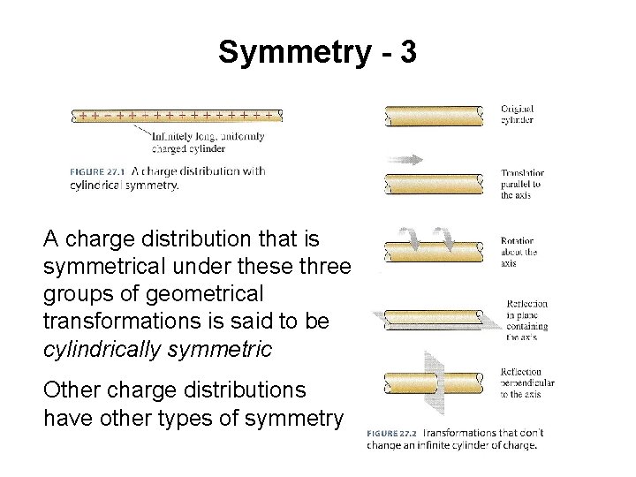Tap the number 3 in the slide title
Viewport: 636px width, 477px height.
click(407, 53)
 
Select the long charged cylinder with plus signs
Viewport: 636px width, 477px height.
click(177, 115)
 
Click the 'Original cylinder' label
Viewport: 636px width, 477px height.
click(518, 115)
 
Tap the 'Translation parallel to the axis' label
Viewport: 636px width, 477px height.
click(523, 184)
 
